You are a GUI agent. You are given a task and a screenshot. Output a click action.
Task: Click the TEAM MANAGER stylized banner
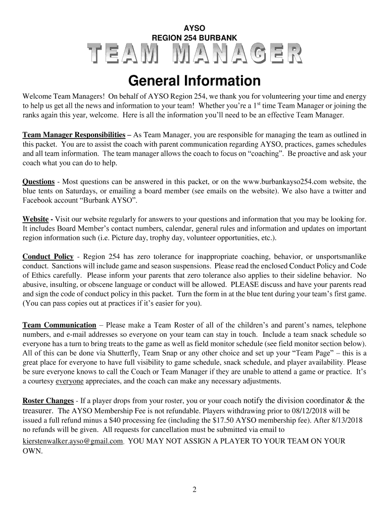[194, 55]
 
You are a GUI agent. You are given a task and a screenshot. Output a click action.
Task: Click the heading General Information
[194, 80]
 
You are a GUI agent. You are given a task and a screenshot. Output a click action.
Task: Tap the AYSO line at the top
[194, 27]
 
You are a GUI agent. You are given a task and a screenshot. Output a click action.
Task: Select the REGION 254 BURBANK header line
[194, 37]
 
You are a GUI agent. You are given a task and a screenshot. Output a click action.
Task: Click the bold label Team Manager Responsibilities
[74, 135]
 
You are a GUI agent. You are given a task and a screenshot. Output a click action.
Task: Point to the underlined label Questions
[38, 182]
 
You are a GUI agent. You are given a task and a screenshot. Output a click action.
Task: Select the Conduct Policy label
[48, 256]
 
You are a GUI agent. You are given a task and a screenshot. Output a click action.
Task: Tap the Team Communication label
[59, 325]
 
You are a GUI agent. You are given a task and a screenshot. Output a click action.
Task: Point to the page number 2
[194, 490]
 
